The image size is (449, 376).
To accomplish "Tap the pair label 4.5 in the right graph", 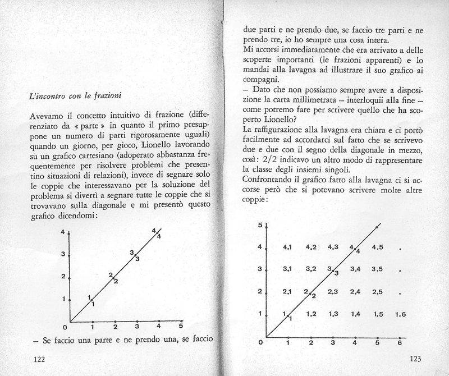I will point(377,247).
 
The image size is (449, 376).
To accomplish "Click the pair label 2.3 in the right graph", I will point(332,291).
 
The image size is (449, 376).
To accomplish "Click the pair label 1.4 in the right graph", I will point(355,314).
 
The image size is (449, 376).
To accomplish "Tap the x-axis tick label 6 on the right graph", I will point(399,342).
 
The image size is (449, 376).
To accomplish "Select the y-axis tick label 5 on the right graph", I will point(260,226).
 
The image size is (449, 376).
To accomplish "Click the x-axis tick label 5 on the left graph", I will point(180,326).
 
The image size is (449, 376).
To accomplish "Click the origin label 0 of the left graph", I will point(65,327).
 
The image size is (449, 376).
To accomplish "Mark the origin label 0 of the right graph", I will point(260,341).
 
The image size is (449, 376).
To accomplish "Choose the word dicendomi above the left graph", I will point(76,215).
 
